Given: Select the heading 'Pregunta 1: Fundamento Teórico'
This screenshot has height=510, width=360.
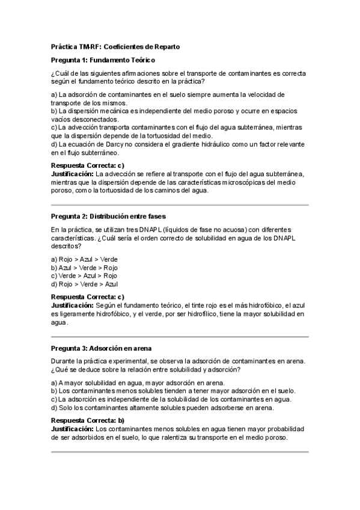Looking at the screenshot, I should pos(103,60).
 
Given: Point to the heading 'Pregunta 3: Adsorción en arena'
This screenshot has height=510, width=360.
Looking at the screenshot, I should pos(101,348).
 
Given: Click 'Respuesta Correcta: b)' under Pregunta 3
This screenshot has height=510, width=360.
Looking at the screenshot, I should pos(88,420).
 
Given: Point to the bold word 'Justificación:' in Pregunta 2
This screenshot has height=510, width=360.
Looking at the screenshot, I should pos(72,306).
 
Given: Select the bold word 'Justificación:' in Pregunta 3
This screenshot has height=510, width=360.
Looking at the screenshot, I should pos(72,429).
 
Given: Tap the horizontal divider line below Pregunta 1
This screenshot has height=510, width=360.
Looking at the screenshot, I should pos(180,204).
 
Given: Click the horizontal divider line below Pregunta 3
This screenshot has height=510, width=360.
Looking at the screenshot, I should pos(180,452).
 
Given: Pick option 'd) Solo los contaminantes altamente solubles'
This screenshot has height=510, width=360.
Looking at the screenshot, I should pos(162,407).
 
